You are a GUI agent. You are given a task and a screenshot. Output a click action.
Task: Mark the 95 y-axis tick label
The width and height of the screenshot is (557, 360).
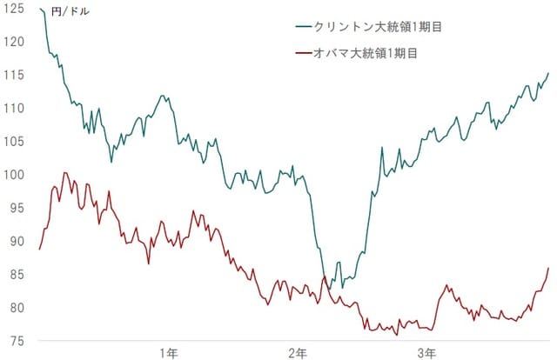(x=14, y=209)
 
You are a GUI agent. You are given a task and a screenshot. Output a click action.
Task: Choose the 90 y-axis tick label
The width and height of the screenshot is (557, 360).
(x=14, y=242)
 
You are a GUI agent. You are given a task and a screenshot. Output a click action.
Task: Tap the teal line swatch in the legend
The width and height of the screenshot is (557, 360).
(x=305, y=26)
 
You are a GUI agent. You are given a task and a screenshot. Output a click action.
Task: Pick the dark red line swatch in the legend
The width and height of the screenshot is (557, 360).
(x=305, y=54)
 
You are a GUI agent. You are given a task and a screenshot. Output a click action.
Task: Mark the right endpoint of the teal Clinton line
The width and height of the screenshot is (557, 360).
(x=548, y=74)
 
